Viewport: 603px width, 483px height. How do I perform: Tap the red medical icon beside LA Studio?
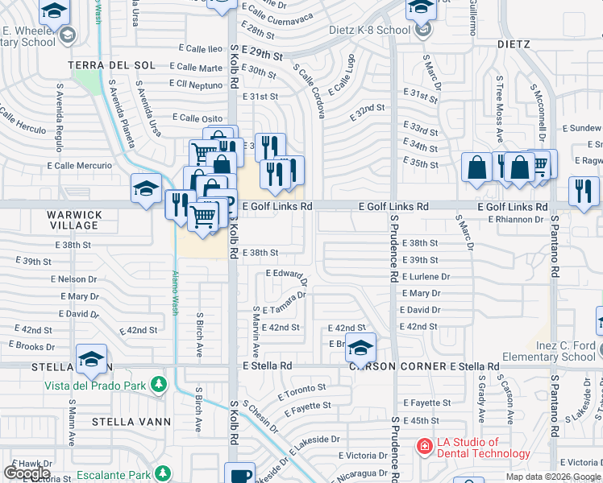tap(423, 446)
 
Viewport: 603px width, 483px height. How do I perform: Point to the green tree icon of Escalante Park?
tap(163, 472)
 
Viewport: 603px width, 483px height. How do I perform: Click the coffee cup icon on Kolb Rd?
tap(240, 475)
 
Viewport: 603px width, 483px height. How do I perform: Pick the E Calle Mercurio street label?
tap(80, 166)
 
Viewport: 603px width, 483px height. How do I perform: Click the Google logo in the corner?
tap(26, 473)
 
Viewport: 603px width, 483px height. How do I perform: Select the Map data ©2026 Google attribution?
tap(553, 477)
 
